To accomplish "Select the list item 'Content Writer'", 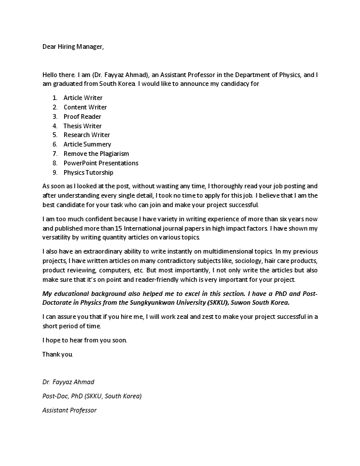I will pos(85,107).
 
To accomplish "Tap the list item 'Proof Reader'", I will pos(82,116).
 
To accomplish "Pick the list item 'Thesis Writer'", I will pos(82,126).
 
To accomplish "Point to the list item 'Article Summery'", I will pos(87,144).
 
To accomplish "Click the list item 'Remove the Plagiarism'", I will pos(96,154).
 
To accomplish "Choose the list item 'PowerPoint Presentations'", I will pos(101,163).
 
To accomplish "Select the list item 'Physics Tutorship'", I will pos(88,172).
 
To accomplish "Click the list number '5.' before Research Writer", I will pos(55,135).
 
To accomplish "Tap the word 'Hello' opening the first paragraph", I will pos(51,75).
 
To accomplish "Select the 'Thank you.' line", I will pos(58,354).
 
